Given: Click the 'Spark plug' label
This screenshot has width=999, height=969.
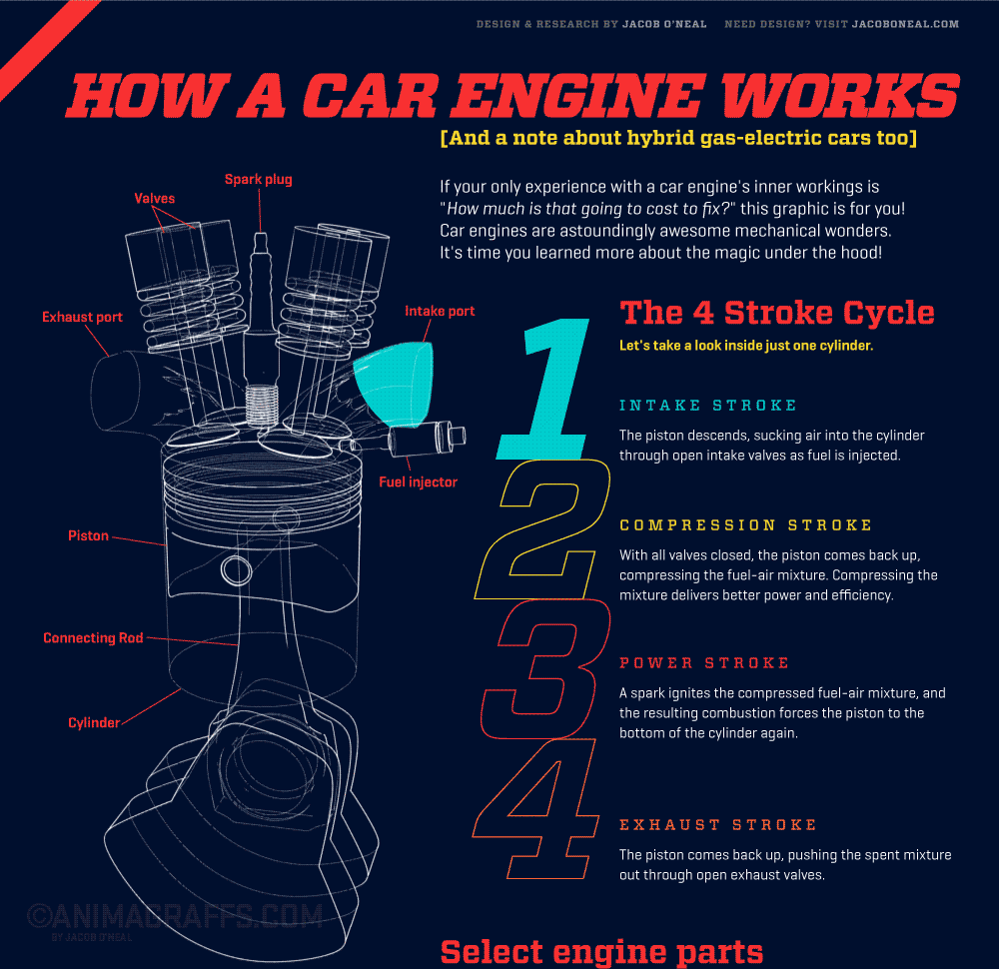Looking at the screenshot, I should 258,180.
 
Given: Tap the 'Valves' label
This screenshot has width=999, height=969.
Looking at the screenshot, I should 155,199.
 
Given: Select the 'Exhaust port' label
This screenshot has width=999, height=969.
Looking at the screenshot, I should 82,317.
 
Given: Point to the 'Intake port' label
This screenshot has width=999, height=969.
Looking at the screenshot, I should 440,311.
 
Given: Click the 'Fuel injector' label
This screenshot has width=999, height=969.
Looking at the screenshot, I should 418,482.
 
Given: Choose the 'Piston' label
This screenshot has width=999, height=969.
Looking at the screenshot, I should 88,535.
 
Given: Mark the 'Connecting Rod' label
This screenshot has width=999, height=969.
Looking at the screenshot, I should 93,637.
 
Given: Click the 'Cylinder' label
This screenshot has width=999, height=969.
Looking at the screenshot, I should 94,722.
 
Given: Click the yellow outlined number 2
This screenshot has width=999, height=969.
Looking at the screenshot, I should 544,529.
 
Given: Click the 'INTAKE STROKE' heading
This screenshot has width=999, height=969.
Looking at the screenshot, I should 708,406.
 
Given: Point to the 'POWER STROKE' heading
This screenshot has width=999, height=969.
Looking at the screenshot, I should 704,663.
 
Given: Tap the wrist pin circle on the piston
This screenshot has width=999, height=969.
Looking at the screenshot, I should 238,570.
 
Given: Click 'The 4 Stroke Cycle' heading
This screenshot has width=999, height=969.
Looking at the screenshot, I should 777,313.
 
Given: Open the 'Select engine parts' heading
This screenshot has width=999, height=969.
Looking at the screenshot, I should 601,951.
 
